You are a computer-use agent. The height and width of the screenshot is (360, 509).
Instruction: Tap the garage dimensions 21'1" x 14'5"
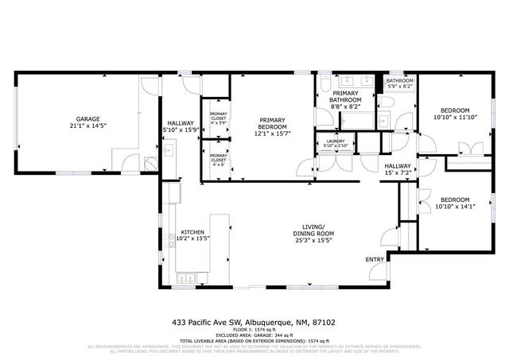coord(87,126)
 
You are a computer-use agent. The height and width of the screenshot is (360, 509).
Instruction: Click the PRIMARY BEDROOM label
coord(272,124)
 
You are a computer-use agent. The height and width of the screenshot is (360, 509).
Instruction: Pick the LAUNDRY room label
coord(336,141)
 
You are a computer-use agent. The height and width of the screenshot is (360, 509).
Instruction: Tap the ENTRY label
coord(374,260)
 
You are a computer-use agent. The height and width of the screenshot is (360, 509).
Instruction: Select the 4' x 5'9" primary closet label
coord(218,119)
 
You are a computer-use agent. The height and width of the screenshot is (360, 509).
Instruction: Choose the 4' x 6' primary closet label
coord(218,158)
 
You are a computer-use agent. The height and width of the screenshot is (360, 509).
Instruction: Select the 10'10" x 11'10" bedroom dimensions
coord(455,118)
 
